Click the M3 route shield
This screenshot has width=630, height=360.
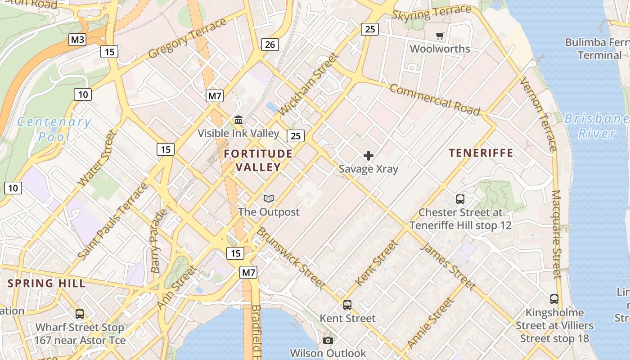point(78,40)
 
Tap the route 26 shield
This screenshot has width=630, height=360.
point(270,44)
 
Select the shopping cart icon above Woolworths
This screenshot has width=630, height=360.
point(440,36)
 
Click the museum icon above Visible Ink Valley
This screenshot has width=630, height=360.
point(238,120)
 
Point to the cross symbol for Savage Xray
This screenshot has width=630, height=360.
point(369,156)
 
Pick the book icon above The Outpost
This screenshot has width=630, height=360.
point(269,198)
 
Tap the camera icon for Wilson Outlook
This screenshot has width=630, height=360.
point(328,340)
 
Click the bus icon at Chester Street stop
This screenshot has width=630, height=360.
point(460,199)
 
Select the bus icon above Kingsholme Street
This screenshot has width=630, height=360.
point(554,299)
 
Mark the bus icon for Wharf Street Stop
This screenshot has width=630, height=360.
point(80,314)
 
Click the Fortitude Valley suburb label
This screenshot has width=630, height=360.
point(258,160)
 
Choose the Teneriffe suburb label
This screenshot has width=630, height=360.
point(481,153)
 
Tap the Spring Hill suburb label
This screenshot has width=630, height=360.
point(47,283)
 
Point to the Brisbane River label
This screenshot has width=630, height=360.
point(596,126)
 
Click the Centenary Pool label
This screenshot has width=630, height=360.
point(54,129)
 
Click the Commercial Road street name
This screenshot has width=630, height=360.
point(435,99)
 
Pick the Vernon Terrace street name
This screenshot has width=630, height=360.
point(538,114)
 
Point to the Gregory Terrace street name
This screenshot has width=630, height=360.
point(187,38)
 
